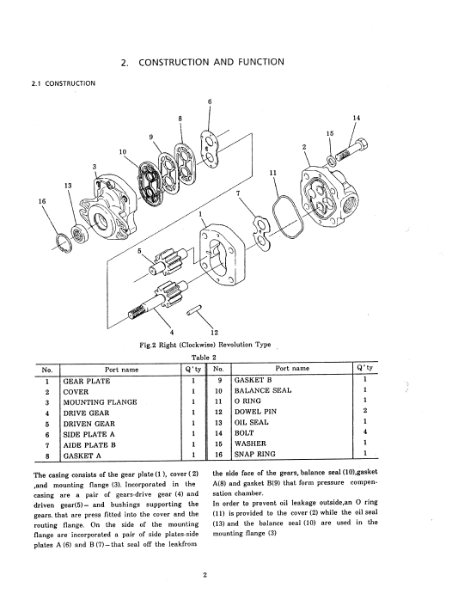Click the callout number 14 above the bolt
(356, 118)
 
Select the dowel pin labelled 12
(193, 311)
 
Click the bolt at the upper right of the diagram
(351, 150)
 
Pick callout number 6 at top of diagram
(210, 102)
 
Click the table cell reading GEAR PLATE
(87, 381)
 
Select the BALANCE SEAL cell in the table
(263, 390)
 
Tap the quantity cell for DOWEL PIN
(364, 411)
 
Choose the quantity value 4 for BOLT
(364, 432)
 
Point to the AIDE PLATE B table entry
(89, 445)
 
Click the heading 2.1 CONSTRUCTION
(64, 83)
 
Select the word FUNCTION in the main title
(260, 62)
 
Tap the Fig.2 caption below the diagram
(205, 345)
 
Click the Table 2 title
(204, 357)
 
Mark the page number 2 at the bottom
(205, 574)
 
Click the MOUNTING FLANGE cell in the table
(100, 402)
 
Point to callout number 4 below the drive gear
(171, 333)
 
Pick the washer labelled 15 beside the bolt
(331, 160)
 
